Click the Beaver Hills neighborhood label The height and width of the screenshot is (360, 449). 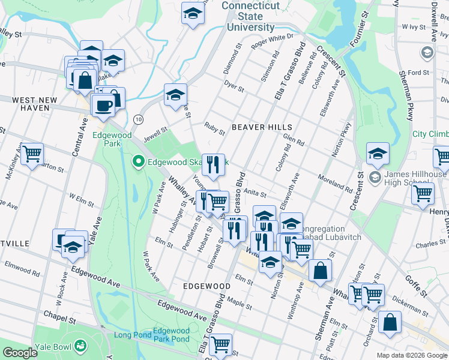coord(262,127)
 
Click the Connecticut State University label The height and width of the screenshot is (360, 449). coord(251,16)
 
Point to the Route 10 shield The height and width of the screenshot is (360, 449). coord(138,119)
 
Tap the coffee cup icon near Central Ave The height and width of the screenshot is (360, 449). coord(103,106)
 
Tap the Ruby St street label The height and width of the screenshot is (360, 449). coord(214,128)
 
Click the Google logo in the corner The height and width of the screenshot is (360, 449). coord(20,352)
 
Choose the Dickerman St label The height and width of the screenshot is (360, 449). coord(408,305)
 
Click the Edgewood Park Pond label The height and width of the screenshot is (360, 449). coord(171,335)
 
